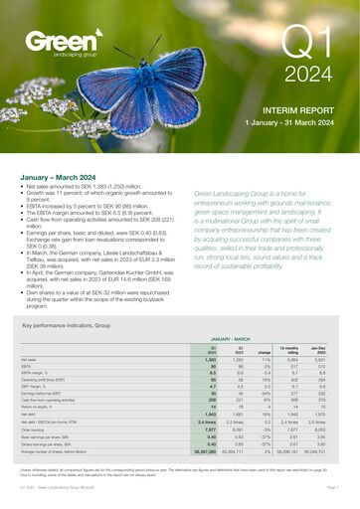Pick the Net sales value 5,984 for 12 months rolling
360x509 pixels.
294,359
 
